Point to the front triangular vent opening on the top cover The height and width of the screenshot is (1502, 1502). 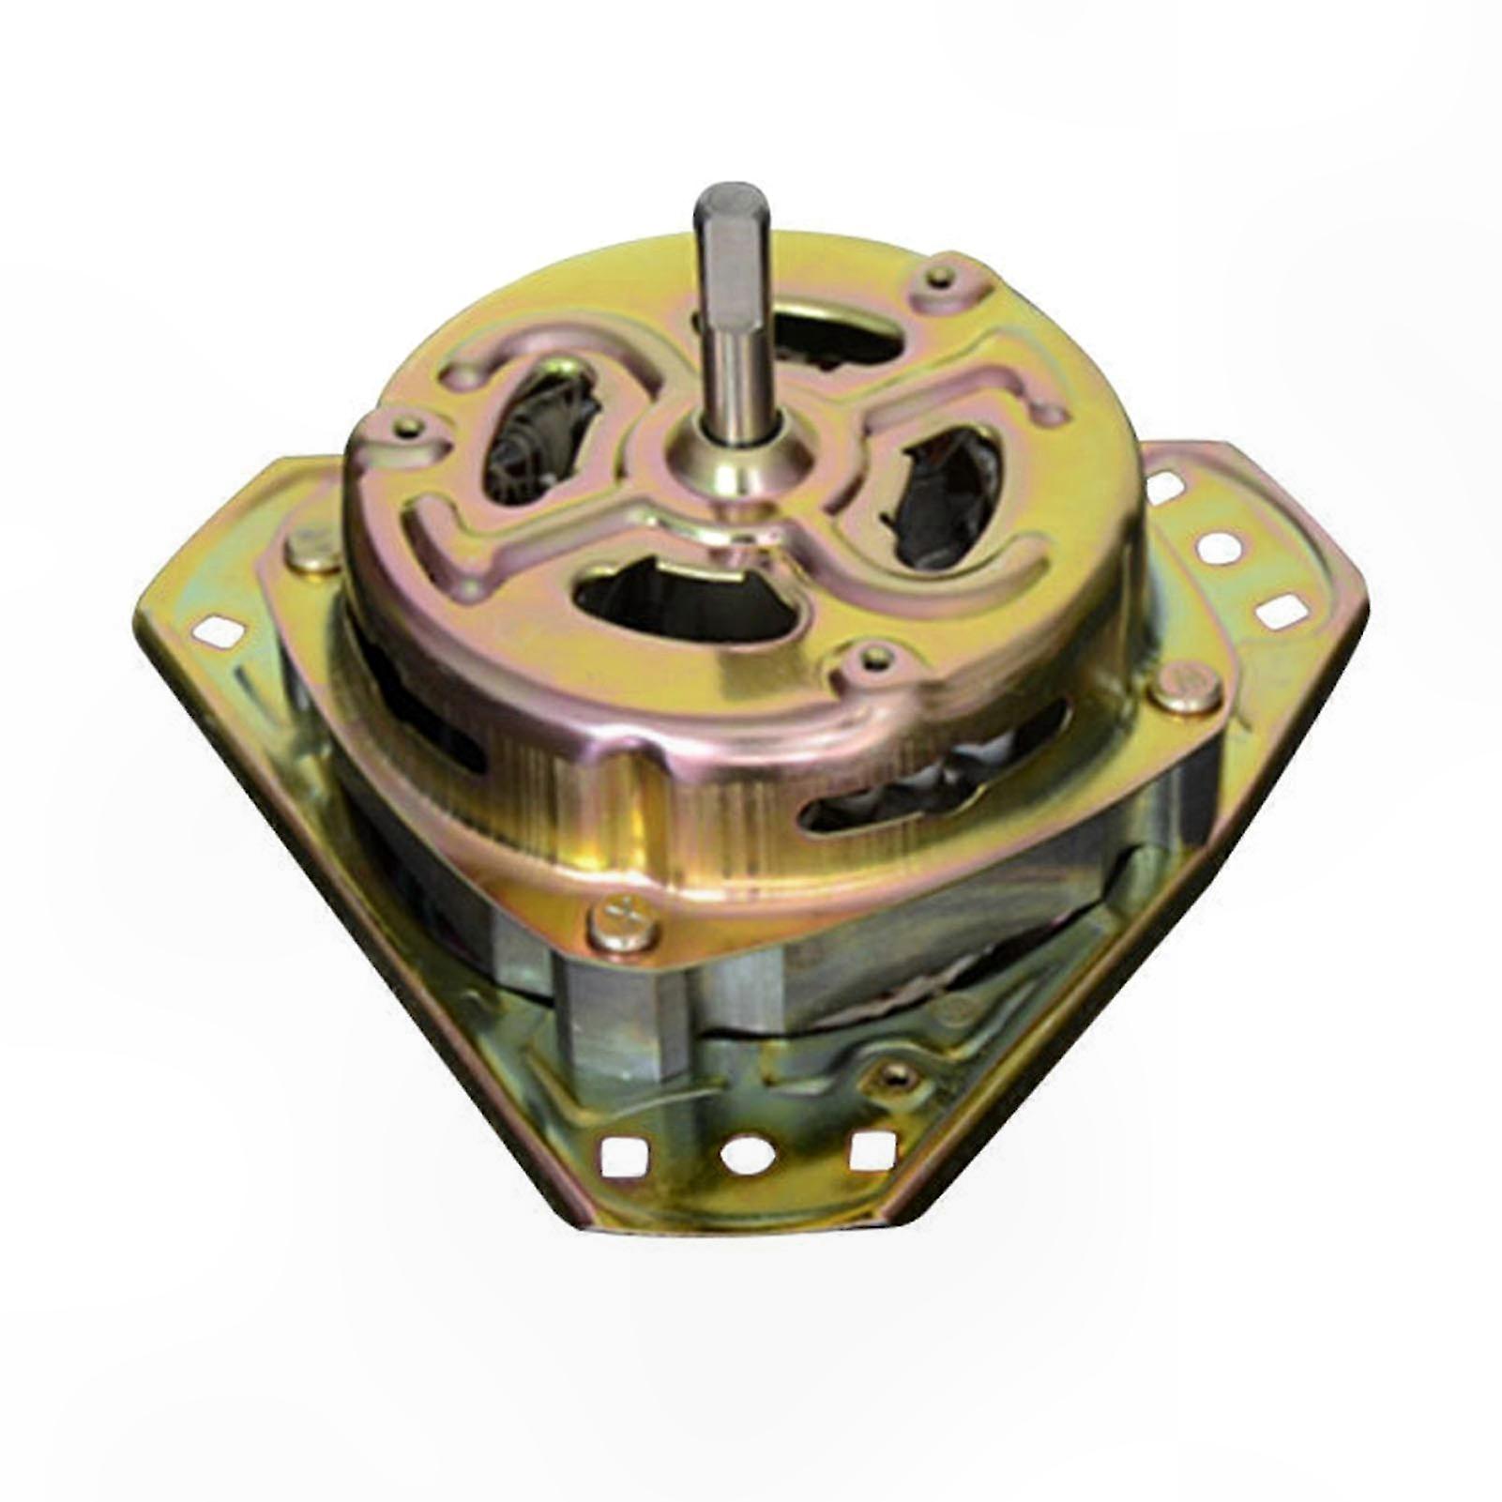coord(690,600)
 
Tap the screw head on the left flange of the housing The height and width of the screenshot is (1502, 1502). coord(312,553)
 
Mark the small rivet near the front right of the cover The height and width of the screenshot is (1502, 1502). coord(874,656)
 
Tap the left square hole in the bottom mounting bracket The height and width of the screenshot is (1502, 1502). coord(619,1154)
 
